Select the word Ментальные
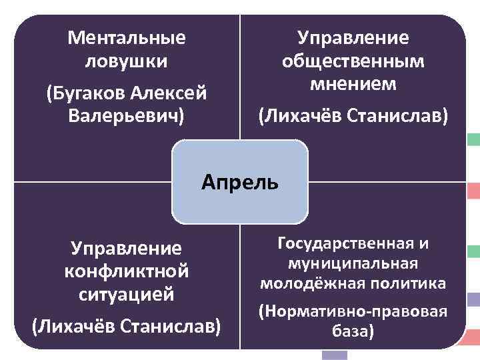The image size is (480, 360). [x=127, y=37]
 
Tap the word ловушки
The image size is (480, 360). [x=127, y=61]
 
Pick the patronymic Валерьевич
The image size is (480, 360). [x=127, y=114]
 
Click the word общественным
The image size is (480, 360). [x=353, y=61]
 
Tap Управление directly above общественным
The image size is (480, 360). [x=353, y=37]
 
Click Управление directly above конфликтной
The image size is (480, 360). [x=127, y=249]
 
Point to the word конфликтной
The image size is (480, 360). [x=127, y=272]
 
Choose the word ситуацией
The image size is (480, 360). [x=127, y=294]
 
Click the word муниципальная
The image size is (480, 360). [x=353, y=263]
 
